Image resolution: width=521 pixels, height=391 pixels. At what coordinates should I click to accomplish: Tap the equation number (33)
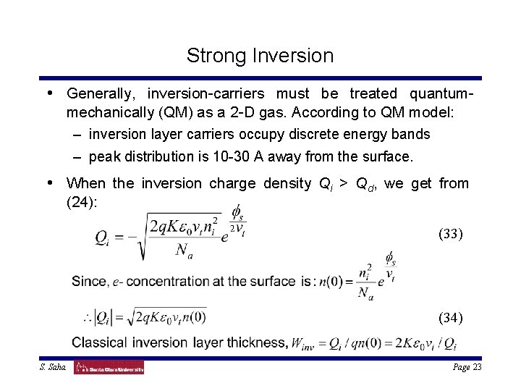click(452, 234)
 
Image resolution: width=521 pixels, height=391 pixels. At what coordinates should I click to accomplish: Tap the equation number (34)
click(452, 317)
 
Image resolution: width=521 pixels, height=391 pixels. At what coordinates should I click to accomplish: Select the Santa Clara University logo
click(109, 368)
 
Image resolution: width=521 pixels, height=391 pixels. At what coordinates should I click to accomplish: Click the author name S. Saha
click(54, 368)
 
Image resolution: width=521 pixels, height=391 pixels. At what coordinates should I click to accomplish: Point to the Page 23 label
click(467, 367)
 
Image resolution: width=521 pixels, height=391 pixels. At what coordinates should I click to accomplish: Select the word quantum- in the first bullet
click(442, 94)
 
